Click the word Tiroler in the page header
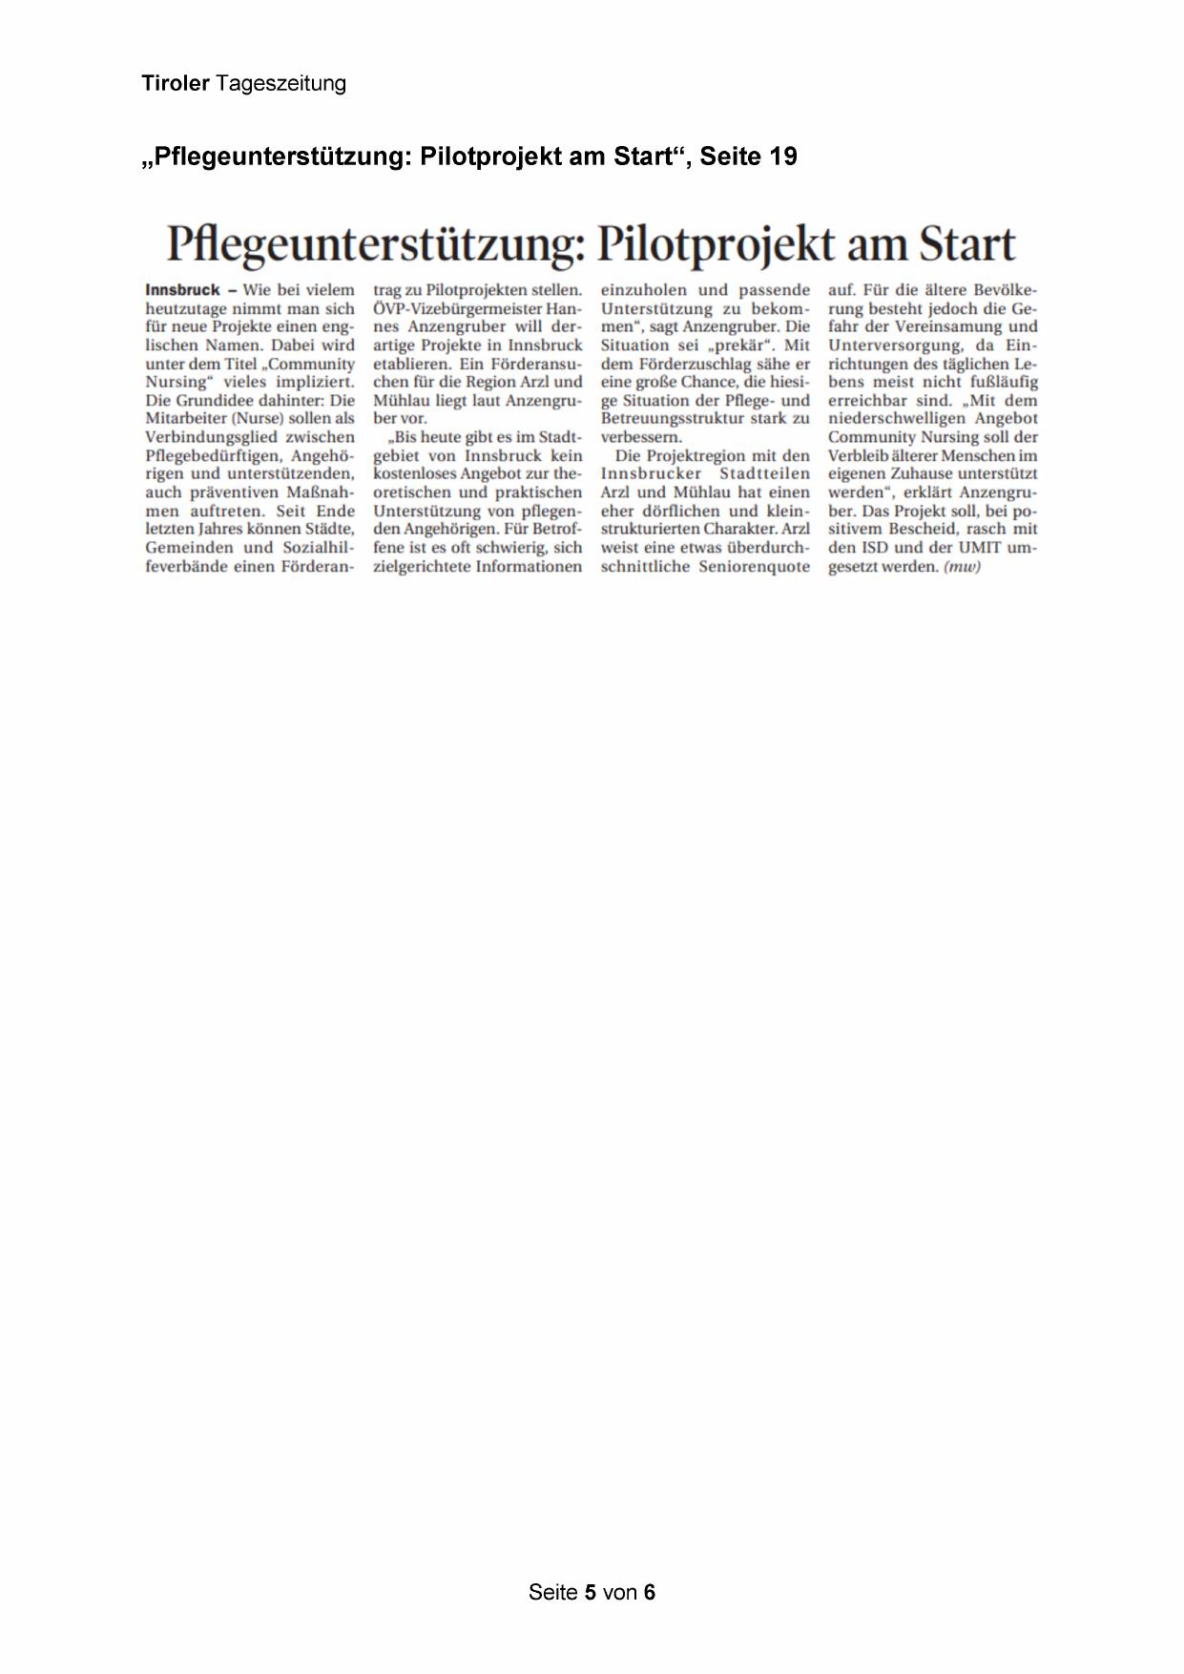tap(176, 84)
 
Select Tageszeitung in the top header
tap(280, 84)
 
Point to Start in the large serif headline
tap(966, 244)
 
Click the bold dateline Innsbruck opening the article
tap(182, 289)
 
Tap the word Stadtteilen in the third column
tap(764, 473)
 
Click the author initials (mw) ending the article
tap(962, 566)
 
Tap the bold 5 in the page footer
tap(591, 1592)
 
